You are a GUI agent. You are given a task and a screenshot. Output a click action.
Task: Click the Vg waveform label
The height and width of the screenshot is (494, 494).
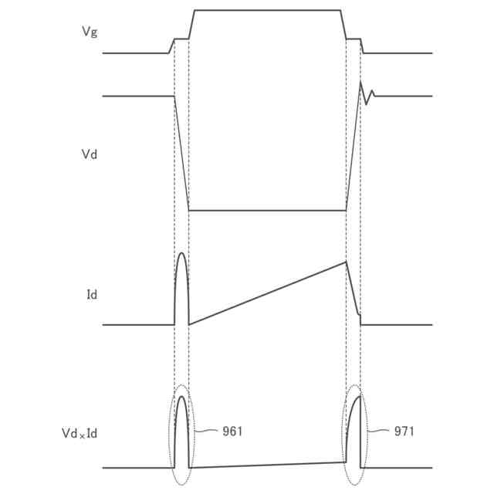click(90, 32)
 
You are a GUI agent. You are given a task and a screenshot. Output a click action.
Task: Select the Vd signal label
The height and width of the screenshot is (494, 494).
click(90, 154)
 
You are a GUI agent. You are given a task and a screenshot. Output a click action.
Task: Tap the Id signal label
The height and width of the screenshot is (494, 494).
click(92, 295)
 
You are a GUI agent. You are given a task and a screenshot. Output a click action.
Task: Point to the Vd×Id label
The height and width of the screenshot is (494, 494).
click(80, 433)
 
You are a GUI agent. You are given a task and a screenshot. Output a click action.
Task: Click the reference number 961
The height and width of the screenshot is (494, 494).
click(232, 431)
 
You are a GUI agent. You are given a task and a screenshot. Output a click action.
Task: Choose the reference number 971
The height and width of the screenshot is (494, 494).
click(404, 431)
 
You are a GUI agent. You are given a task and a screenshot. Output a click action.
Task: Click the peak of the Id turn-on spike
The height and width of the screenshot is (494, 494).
click(182, 252)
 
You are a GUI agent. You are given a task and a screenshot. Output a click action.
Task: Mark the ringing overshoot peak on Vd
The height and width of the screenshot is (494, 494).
click(360, 82)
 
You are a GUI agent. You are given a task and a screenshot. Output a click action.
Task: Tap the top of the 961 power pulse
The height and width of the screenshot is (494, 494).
click(182, 396)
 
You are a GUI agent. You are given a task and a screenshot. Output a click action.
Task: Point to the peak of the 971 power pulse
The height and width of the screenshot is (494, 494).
click(360, 396)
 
